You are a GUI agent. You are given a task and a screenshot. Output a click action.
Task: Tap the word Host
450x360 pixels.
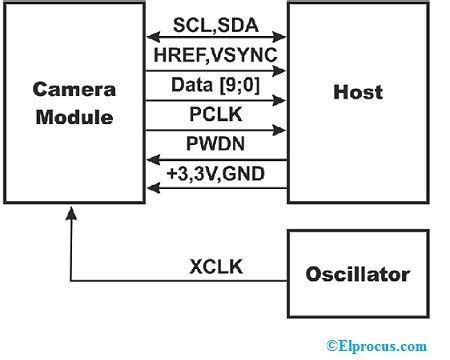click(x=357, y=93)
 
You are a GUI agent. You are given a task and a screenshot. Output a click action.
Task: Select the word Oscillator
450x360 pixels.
click(x=357, y=273)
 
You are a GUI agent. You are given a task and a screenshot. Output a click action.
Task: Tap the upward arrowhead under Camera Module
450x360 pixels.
click(x=70, y=212)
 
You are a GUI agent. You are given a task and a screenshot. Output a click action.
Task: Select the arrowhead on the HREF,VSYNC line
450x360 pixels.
click(x=281, y=70)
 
